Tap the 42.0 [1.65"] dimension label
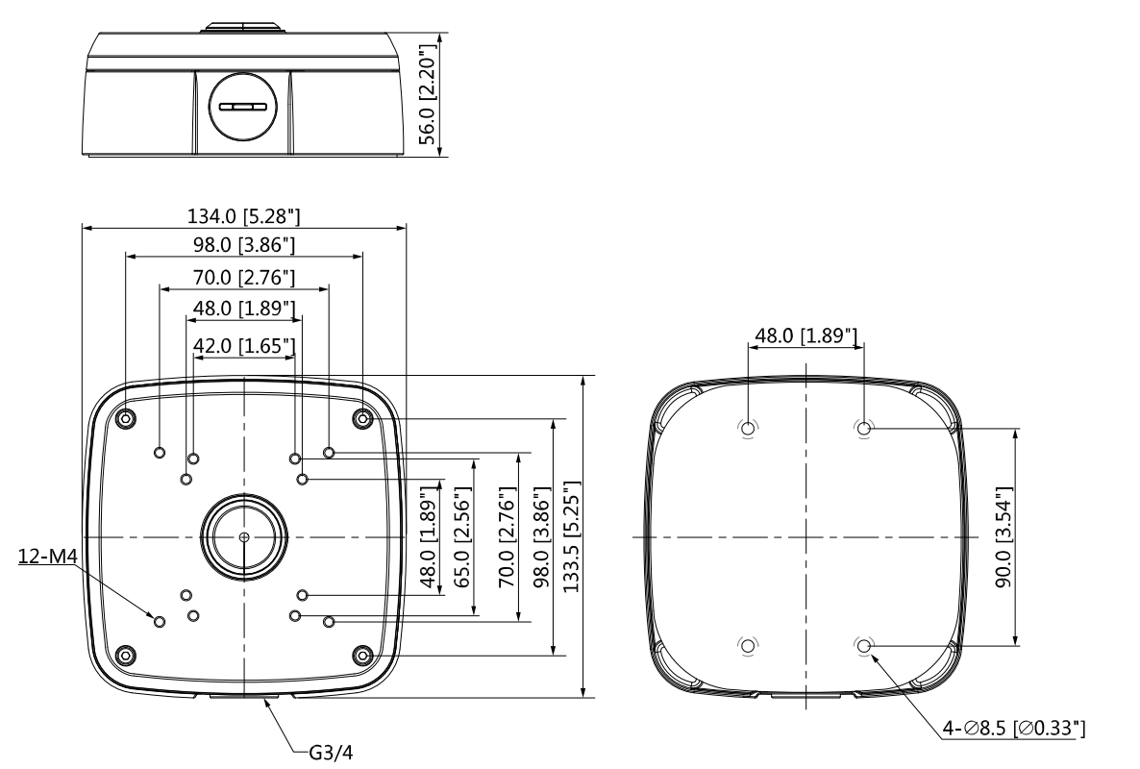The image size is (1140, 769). pos(244,344)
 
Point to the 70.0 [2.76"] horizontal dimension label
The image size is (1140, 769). pos(244,278)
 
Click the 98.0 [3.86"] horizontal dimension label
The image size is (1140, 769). pos(244,245)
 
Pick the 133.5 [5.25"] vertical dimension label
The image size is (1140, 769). pos(570,535)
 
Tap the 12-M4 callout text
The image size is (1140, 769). pos(46,557)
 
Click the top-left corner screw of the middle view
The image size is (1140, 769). pos(126,418)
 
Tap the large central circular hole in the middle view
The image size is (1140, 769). pos(244,535)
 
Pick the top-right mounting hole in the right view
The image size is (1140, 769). pos(863,429)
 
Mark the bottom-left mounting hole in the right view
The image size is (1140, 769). pos(747,645)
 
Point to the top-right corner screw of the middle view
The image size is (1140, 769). pos(362,418)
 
